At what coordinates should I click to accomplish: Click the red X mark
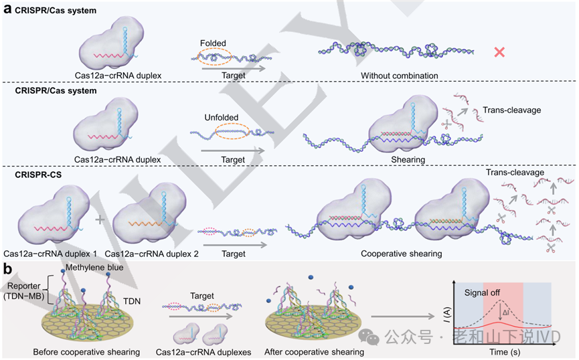point(499,52)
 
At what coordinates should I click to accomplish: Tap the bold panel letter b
point(7,270)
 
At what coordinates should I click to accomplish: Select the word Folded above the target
point(213,43)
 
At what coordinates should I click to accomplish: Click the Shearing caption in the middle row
point(398,160)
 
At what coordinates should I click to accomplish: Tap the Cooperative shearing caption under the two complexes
point(401,254)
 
